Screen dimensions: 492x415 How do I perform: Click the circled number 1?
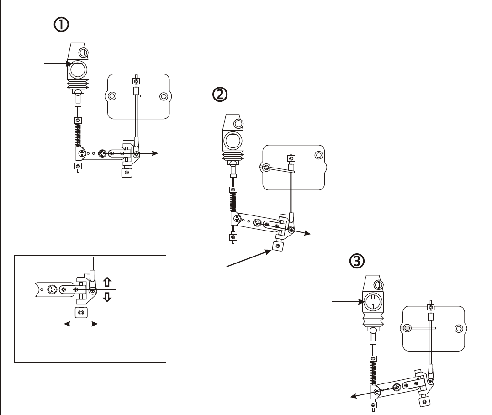[x=61, y=25]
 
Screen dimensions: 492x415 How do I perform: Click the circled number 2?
[x=220, y=95]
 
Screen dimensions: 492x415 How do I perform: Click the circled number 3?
[x=357, y=261]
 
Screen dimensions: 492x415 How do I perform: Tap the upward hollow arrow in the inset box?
[x=107, y=282]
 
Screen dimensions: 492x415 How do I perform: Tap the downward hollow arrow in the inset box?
[x=107, y=297]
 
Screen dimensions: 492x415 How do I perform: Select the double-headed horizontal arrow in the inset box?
[x=81, y=324]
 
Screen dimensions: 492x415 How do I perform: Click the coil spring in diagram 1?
[x=78, y=135]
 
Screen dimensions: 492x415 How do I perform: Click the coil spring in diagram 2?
[x=233, y=202]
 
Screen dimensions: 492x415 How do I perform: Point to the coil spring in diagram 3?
[x=373, y=373]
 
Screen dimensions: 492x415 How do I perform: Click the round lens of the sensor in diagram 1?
[x=78, y=70]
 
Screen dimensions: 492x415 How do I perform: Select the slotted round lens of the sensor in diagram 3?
[x=372, y=302]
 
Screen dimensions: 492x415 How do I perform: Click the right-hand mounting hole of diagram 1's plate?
[x=164, y=96]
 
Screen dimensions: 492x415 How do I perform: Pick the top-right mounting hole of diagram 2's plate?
[x=318, y=155]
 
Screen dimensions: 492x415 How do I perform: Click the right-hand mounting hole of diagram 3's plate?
[x=459, y=329]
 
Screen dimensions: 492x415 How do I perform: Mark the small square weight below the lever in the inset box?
[x=81, y=313]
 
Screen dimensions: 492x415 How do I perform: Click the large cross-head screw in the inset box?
[x=52, y=289]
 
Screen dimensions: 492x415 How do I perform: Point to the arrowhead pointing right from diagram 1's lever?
[x=155, y=153]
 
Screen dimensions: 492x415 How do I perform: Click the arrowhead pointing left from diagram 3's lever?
[x=354, y=396]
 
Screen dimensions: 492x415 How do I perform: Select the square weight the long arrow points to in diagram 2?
[x=277, y=246]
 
